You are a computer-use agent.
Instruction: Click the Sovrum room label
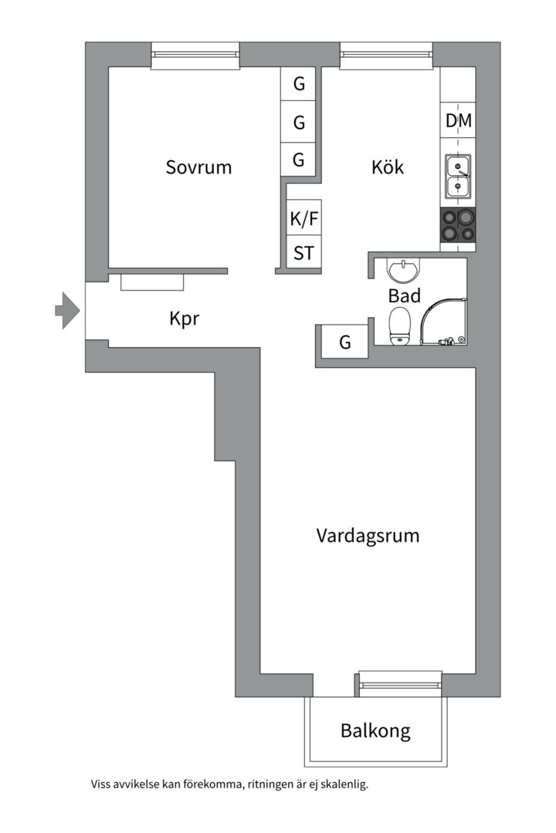click(x=198, y=167)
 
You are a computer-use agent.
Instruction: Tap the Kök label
click(x=388, y=167)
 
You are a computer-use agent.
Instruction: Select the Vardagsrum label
click(x=368, y=535)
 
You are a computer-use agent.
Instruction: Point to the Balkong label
click(x=375, y=730)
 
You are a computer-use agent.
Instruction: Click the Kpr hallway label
click(x=185, y=318)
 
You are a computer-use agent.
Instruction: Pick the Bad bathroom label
click(x=404, y=295)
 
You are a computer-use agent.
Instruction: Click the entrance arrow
click(x=67, y=311)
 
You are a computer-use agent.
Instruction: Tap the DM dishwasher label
click(x=459, y=121)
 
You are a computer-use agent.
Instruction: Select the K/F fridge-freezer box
click(x=303, y=219)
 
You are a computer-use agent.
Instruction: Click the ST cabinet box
click(x=303, y=253)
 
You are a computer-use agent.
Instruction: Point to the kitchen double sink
click(x=459, y=176)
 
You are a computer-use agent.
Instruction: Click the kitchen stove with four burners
click(x=459, y=226)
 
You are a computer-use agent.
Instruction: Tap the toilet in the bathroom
click(x=399, y=325)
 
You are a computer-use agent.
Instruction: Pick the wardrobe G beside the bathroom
click(x=344, y=342)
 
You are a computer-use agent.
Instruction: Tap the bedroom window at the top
click(x=195, y=55)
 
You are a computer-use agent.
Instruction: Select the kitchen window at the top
click(x=386, y=55)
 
